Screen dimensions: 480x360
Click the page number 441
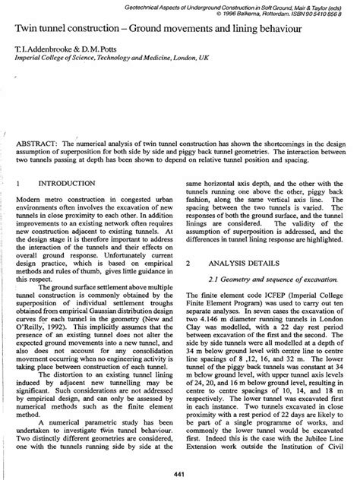pos(180,469)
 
